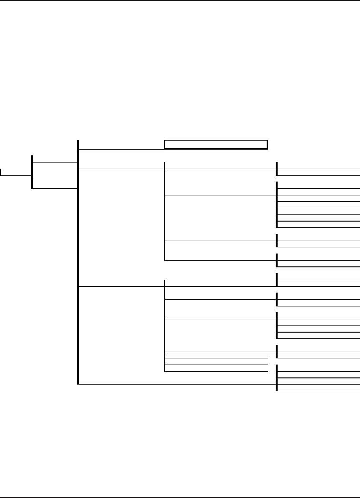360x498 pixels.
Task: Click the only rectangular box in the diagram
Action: pos(215,145)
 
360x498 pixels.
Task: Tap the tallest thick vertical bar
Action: pos(77,262)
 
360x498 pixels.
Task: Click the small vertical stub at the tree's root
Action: pos(0,172)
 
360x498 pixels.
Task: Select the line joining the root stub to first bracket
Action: pos(16,175)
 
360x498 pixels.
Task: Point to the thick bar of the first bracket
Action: pos(31,172)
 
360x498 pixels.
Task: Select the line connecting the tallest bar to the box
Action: pos(121,149)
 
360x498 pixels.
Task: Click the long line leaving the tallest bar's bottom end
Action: pos(176,384)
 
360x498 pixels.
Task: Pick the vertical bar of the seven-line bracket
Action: pos(277,205)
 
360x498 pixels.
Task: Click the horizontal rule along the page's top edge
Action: pos(180,0)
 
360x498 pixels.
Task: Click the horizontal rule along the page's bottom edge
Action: pos(180,496)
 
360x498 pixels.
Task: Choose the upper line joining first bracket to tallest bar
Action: pos(54,162)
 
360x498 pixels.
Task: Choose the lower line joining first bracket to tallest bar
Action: pos(54,189)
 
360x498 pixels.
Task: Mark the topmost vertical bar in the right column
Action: pos(277,169)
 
